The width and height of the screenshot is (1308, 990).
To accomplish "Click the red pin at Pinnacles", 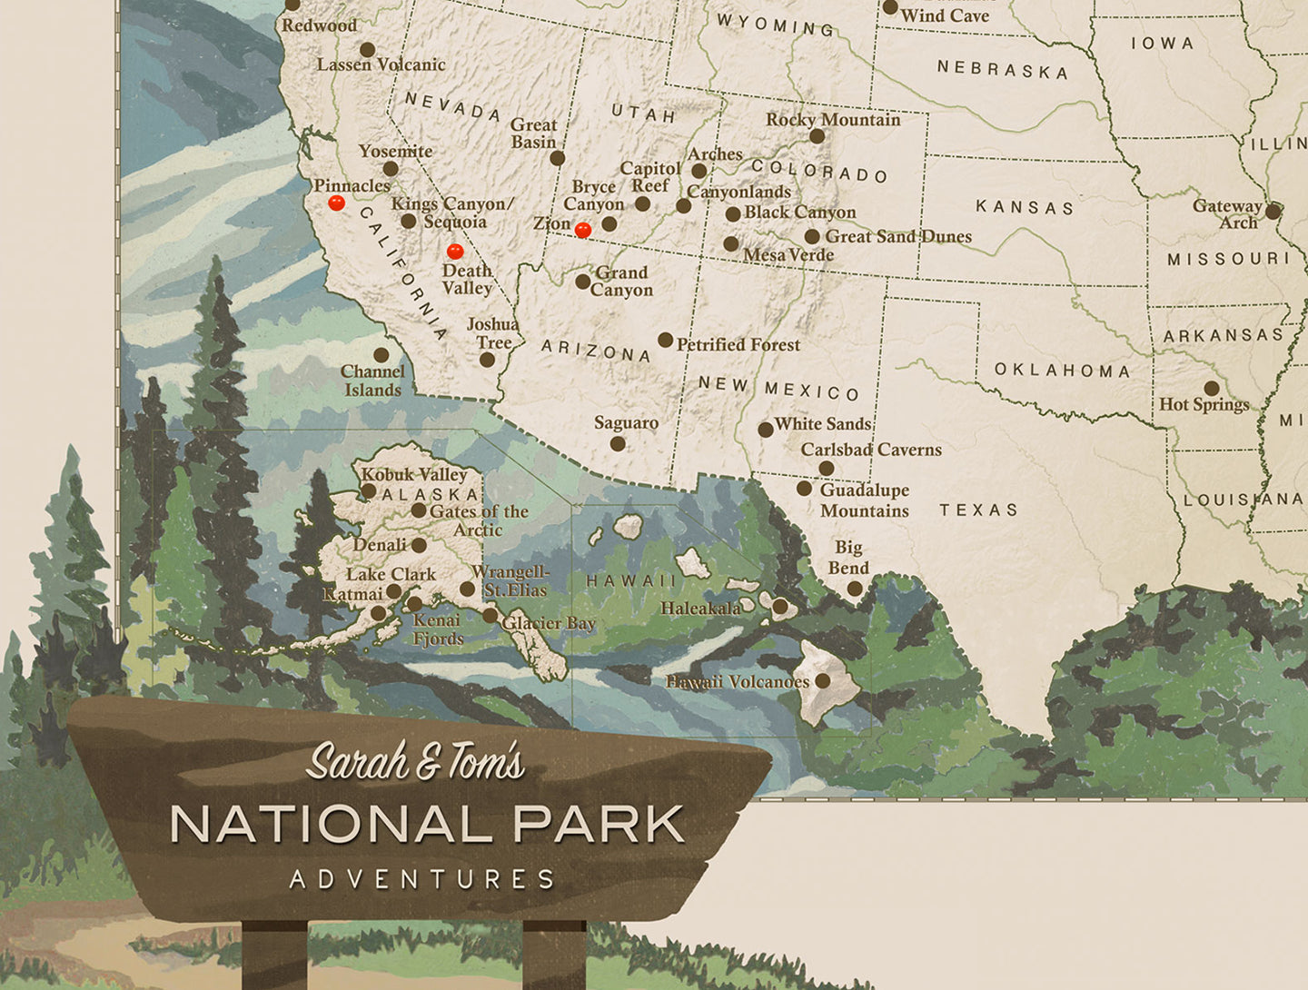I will tap(336, 203).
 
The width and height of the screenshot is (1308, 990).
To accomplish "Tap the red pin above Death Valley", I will tap(455, 251).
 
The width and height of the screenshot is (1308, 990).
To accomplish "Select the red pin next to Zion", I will tap(583, 230).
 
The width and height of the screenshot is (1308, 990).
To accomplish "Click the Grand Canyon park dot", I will tap(583, 282).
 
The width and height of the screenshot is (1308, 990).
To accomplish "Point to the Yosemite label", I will tap(395, 151).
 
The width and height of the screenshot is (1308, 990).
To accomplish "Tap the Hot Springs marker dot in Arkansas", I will tap(1212, 389).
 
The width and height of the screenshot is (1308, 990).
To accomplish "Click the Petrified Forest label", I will tap(738, 345).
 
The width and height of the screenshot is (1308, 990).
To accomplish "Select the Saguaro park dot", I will tap(618, 444).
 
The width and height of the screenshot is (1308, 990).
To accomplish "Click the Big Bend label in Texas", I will tap(848, 558).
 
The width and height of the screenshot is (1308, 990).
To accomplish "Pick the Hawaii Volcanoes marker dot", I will tap(823, 680).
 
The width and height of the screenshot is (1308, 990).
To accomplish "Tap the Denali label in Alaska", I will tap(380, 545).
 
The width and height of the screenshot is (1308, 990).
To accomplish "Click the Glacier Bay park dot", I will tap(490, 616).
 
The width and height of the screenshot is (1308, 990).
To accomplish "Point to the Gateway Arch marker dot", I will tap(1273, 212).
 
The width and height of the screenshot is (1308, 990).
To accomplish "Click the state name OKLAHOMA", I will tap(1062, 371).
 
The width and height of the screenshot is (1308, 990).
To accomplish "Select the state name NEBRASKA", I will tap(1003, 69).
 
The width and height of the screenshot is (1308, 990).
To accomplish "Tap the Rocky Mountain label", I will tap(833, 120).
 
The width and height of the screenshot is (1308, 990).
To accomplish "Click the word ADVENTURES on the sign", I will tap(422, 879).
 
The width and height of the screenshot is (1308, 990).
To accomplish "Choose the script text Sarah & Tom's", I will tap(416, 761).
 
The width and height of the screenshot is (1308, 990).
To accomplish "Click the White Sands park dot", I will tap(766, 430).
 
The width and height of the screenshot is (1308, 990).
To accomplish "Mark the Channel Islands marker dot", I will tap(381, 355).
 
